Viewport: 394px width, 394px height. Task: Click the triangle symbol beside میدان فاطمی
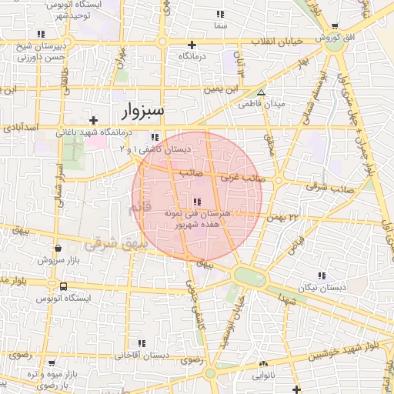pyautogui.click(x=261, y=92)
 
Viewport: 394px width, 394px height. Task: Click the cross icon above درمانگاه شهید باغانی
pyautogui.click(x=93, y=120)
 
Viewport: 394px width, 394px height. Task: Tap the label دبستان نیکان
pyautogui.click(x=319, y=287)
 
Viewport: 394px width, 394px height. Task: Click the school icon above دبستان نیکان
pyautogui.click(x=322, y=275)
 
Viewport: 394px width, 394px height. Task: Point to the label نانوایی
pyautogui.click(x=265, y=375)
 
